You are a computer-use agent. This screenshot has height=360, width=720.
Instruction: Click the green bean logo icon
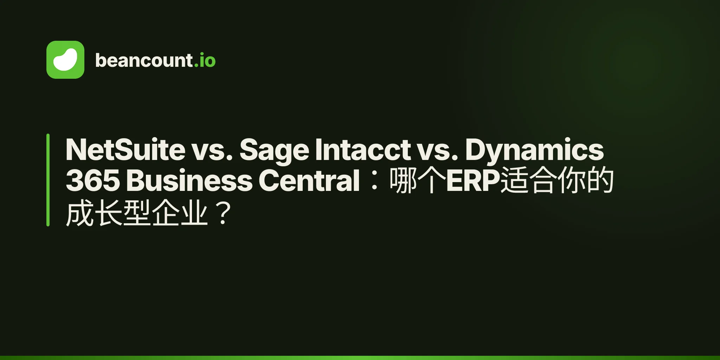65,60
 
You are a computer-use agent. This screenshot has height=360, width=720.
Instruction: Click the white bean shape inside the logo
65,60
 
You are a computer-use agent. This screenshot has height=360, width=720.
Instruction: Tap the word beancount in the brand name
144,60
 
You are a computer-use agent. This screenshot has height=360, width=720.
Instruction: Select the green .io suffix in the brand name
205,60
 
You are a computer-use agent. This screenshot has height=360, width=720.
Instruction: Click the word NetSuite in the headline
126,150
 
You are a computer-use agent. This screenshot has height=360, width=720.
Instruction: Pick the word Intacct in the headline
363,150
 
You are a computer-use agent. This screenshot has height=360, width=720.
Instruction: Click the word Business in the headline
189,180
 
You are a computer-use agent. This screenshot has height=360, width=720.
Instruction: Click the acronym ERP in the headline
473,180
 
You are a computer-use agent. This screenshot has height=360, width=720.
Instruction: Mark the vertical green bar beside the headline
48,180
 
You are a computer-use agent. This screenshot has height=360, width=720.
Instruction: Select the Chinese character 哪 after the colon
404,180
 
